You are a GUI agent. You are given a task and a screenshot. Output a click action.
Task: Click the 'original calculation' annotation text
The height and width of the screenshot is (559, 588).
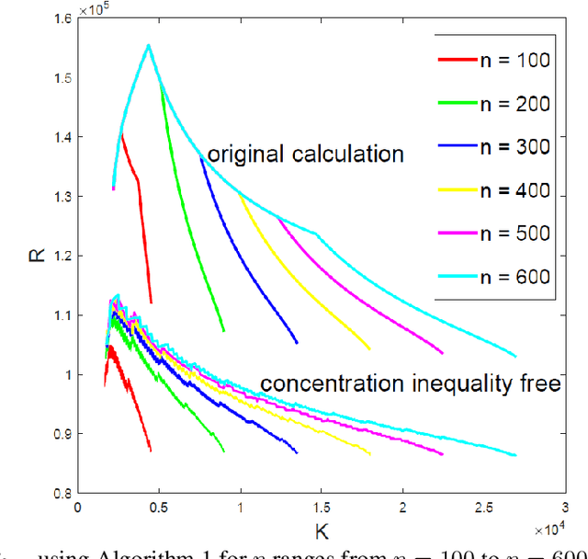pyautogui.click(x=305, y=154)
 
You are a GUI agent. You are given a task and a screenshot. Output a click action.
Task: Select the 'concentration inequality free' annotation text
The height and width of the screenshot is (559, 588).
pyautogui.click(x=410, y=384)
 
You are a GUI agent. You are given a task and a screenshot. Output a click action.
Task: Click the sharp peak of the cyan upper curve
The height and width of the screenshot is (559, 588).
pyautogui.click(x=148, y=45)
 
